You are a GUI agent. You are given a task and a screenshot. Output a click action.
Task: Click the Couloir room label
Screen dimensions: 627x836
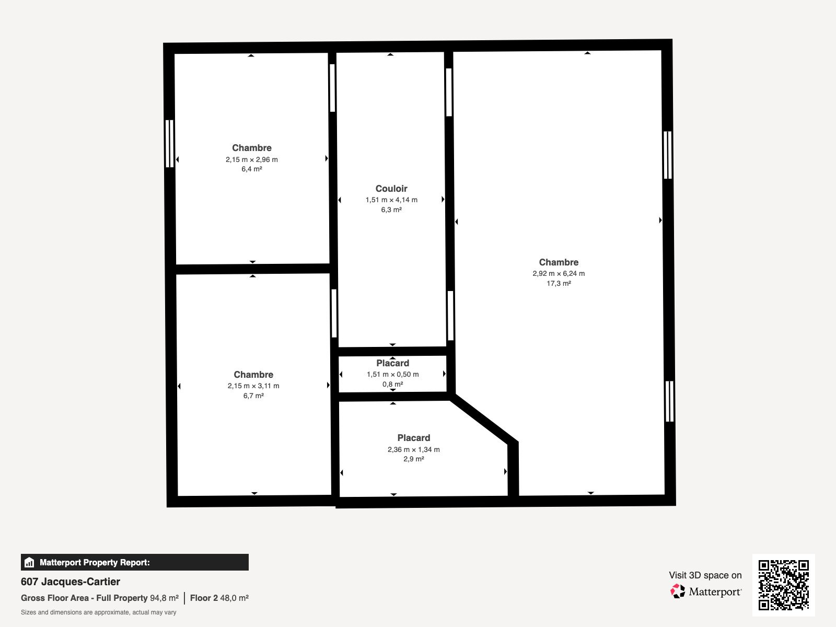[x=391, y=189]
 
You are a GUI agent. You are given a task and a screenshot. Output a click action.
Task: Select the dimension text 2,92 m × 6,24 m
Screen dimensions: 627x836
[x=559, y=273]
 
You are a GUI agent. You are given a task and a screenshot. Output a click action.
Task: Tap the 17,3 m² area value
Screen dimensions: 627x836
[x=559, y=283]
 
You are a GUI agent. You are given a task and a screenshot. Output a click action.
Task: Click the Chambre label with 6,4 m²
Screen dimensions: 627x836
[x=251, y=148]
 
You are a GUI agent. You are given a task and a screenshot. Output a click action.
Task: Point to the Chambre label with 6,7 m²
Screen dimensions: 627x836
[x=253, y=375]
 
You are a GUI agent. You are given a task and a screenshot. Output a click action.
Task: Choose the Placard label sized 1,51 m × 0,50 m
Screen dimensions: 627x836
[x=392, y=363]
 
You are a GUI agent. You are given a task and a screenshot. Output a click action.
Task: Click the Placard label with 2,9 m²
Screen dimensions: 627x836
[x=413, y=438]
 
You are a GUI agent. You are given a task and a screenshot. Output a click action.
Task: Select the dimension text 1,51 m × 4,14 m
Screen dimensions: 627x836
[x=391, y=200]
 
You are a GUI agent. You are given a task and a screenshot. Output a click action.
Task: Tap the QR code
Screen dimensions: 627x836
[x=783, y=585]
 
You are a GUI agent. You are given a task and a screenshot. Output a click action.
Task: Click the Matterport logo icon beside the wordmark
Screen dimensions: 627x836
[x=678, y=591]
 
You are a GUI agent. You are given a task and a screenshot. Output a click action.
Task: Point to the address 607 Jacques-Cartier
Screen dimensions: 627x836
[x=71, y=582]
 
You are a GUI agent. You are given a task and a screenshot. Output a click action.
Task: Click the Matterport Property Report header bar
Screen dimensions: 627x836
[x=134, y=562]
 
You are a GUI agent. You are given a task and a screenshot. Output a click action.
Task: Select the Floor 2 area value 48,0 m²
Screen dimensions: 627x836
[x=234, y=598]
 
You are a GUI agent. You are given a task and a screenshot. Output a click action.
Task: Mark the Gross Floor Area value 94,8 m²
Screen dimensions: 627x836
[x=164, y=598]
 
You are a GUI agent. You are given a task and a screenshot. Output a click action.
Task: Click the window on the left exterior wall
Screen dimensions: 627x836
[x=169, y=144]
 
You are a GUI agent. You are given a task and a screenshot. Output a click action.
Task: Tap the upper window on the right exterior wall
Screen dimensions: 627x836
[x=667, y=155]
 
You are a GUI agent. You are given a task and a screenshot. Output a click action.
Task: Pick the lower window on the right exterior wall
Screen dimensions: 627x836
[x=669, y=401]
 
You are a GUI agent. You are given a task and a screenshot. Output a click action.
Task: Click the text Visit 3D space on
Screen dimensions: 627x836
[x=705, y=575]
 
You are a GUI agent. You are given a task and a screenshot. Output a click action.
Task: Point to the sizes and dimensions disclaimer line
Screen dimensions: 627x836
[x=98, y=612]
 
